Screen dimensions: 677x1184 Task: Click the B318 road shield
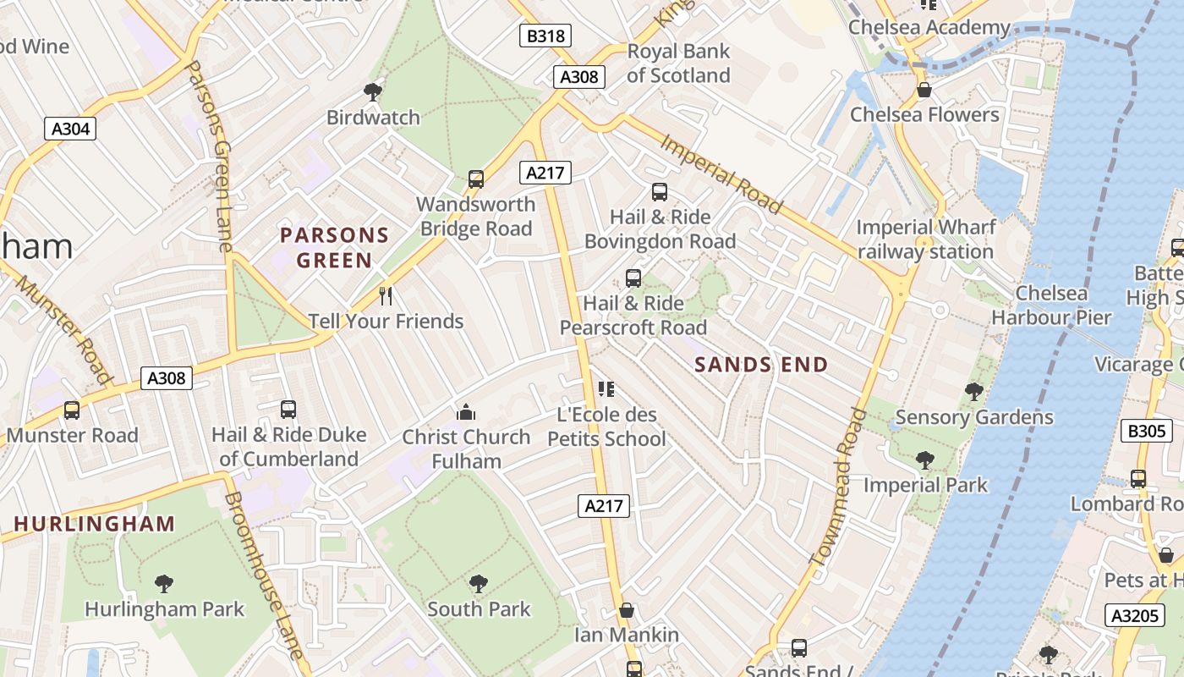coord(545,36)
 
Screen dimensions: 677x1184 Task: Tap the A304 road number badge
coord(70,129)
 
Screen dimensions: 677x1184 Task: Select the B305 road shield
coord(1147,431)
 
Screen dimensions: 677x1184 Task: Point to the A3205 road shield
coord(1134,615)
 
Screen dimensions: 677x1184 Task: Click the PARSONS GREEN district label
coord(334,247)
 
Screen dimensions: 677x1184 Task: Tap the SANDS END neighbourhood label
coord(761,365)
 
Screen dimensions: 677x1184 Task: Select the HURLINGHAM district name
coord(95,524)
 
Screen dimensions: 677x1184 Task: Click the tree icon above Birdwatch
coord(372,91)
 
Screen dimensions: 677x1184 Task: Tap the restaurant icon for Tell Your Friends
coord(386,295)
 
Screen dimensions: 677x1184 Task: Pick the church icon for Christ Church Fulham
coord(465,412)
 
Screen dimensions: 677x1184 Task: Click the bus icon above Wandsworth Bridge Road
coord(476,179)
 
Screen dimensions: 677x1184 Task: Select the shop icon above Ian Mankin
coord(627,610)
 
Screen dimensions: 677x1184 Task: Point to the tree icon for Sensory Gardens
coord(973,391)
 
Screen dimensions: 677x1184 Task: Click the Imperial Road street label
coord(721,174)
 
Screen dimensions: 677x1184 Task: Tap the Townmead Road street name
coord(838,487)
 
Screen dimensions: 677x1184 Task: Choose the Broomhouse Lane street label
coord(263,575)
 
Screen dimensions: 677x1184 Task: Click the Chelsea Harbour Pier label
coord(1051,305)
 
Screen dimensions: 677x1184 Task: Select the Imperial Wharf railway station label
coord(926,239)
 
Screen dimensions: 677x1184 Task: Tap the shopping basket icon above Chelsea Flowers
coord(924,90)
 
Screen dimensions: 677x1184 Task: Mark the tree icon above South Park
coord(479,583)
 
